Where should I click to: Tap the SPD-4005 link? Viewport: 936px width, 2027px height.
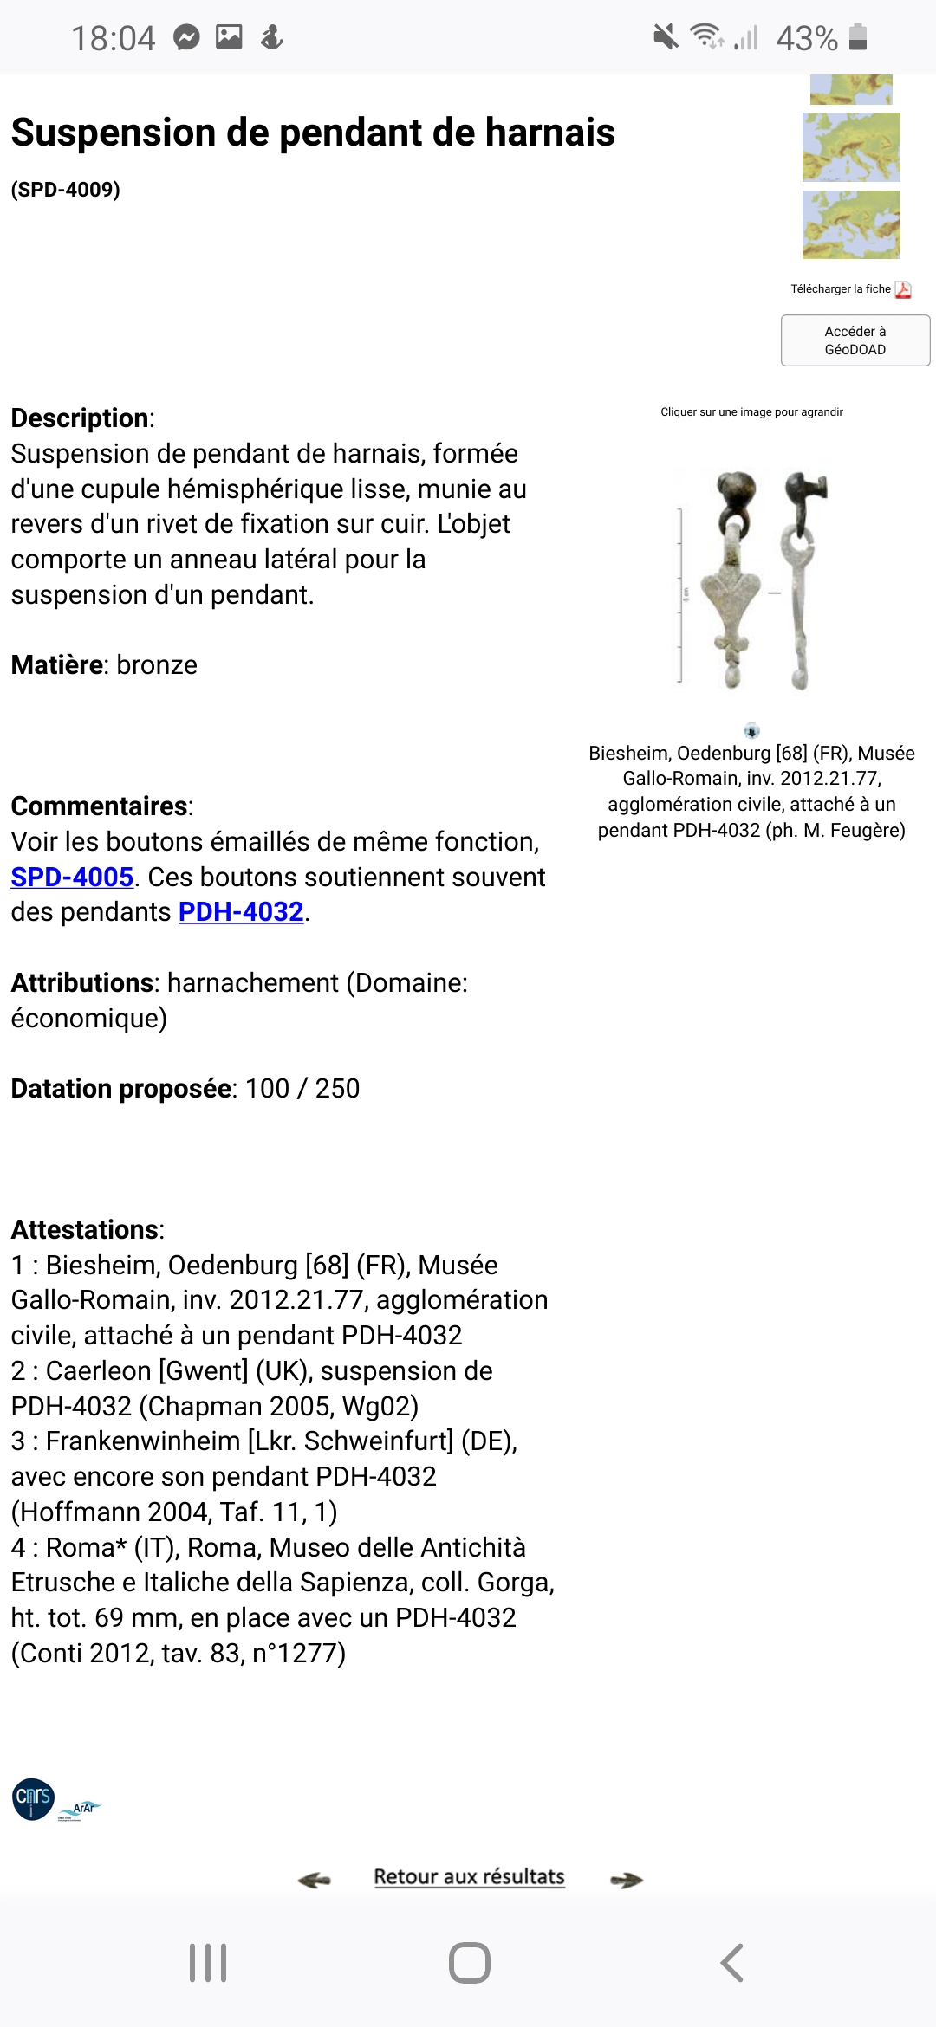click(x=72, y=877)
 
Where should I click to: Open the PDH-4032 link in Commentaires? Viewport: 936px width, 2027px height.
click(x=241, y=912)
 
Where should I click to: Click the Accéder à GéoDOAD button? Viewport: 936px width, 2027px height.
click(x=855, y=340)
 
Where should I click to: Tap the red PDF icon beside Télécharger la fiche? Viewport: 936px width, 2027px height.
click(x=903, y=289)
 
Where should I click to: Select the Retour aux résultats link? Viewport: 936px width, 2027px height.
click(x=469, y=1876)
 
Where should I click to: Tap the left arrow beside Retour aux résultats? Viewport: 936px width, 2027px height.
click(x=314, y=1879)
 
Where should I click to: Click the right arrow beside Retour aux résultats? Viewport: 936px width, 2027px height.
click(x=626, y=1879)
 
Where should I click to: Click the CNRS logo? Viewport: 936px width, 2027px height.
click(x=34, y=1798)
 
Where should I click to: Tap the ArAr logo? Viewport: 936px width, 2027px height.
click(x=81, y=1809)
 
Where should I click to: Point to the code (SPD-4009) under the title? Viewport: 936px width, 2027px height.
click(x=65, y=189)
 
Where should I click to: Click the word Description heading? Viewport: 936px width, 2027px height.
click(x=80, y=418)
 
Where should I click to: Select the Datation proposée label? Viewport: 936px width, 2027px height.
click(x=121, y=1088)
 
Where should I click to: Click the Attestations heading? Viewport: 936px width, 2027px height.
click(x=85, y=1229)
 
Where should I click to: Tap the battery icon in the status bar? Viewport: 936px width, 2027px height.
click(x=857, y=37)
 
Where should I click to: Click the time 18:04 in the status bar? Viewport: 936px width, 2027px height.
click(x=113, y=38)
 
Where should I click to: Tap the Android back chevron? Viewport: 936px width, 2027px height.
click(x=732, y=1963)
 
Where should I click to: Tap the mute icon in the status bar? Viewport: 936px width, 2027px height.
click(x=666, y=37)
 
